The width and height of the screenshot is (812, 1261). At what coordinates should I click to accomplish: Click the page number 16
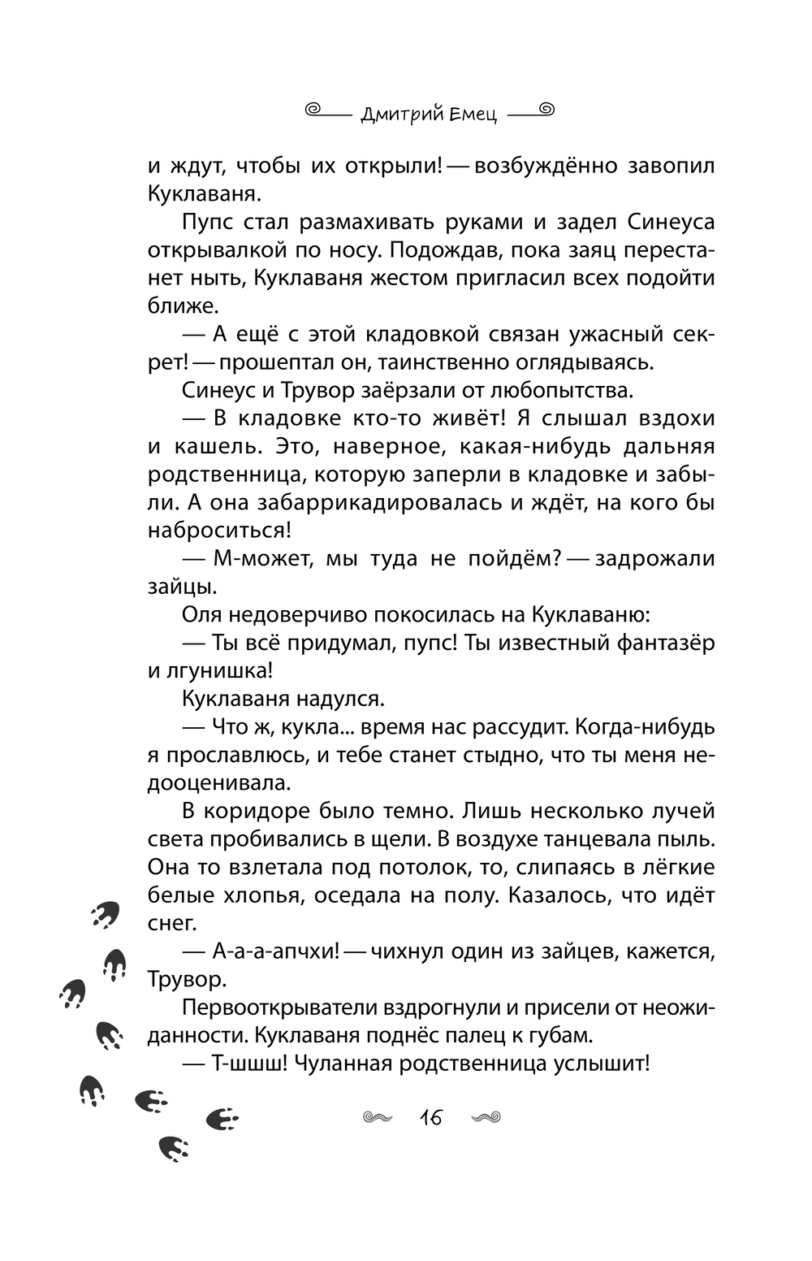(430, 1118)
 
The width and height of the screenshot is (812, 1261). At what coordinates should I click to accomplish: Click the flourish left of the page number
(377, 1118)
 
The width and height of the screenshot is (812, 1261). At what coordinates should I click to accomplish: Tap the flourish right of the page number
(485, 1118)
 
